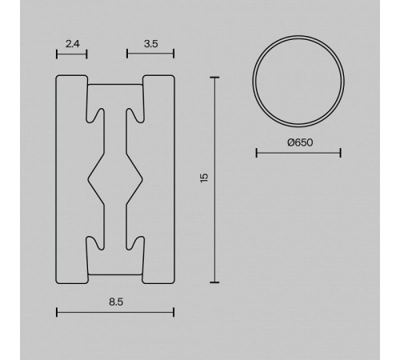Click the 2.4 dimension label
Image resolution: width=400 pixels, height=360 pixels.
[73, 44]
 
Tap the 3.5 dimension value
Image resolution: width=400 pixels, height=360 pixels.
[151, 44]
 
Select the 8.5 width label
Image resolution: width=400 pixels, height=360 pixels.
[116, 302]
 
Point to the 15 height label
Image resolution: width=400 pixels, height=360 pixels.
[204, 178]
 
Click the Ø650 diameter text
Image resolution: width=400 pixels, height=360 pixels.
[300, 142]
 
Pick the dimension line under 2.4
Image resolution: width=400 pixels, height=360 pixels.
[72, 54]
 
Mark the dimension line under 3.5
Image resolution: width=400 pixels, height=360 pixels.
[150, 54]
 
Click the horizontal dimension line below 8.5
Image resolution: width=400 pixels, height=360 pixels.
[115, 312]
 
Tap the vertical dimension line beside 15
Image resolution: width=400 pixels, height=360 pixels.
[214, 180]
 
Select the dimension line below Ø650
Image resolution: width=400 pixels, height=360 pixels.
[298, 153]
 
